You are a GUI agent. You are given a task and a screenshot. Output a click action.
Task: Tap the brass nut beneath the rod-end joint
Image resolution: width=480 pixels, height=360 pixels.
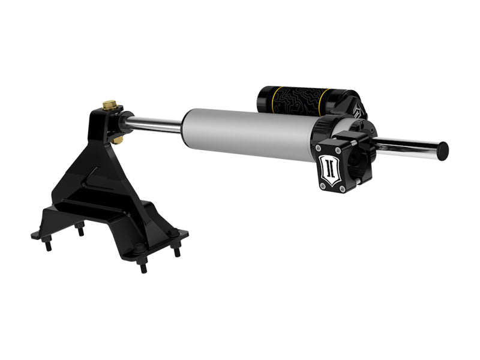pyautogui.click(x=118, y=139)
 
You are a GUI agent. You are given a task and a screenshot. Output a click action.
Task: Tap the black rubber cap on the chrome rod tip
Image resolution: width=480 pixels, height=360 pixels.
pyautogui.click(x=443, y=149)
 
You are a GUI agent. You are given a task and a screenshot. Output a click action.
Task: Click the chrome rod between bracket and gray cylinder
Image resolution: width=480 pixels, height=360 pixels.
pyautogui.click(x=155, y=125)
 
